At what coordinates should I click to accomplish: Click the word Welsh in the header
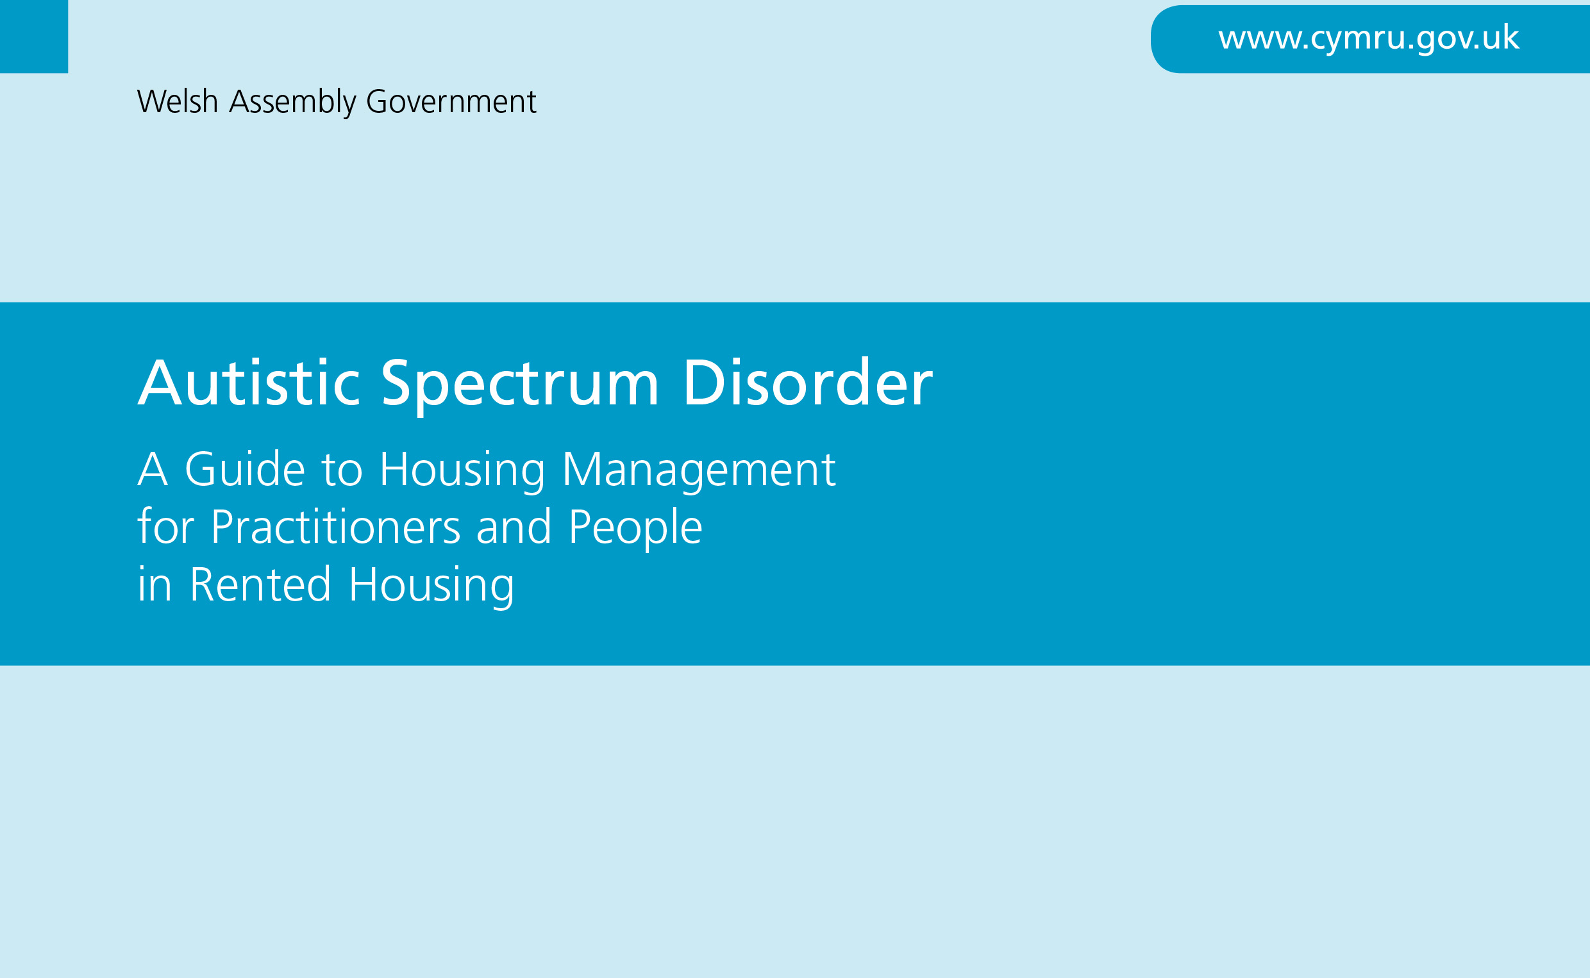tap(177, 101)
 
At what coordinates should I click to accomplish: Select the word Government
tap(451, 101)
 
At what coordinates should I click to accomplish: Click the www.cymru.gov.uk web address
tap(1369, 38)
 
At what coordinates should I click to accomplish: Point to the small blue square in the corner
tap(33, 37)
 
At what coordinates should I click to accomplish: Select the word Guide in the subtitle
tap(245, 469)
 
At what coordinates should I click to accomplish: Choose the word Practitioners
tap(336, 527)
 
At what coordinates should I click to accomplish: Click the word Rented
tap(261, 584)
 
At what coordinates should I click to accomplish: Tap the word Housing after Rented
tap(432, 587)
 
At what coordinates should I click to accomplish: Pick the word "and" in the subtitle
tap(514, 527)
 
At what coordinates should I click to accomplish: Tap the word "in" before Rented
tap(155, 584)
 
